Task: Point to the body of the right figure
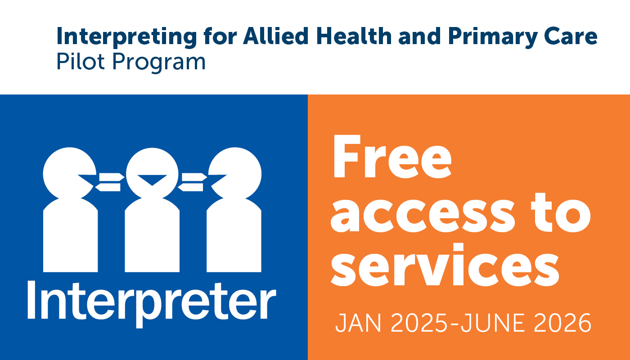click(x=234, y=238)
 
